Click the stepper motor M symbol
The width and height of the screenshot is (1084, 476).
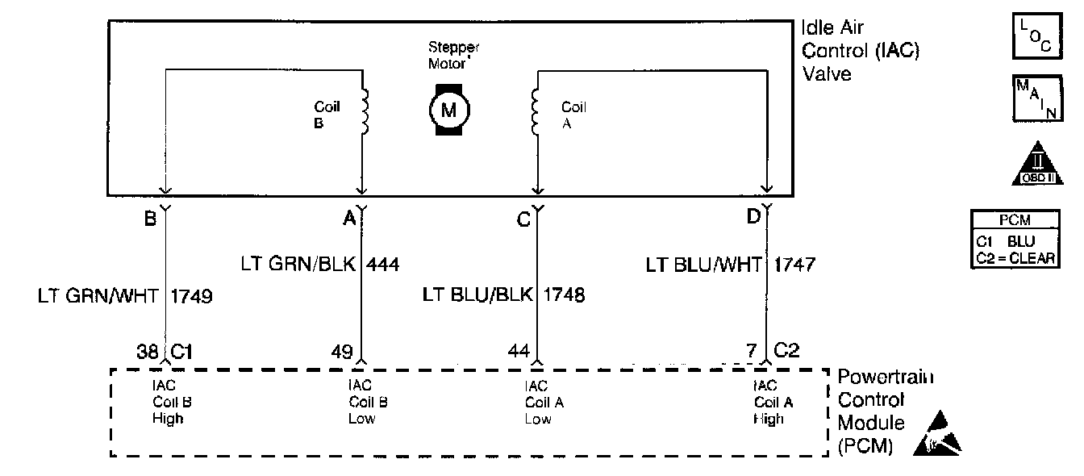pos(448,110)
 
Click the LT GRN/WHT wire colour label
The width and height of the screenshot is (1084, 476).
pos(100,296)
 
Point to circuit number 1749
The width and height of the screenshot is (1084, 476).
pos(191,296)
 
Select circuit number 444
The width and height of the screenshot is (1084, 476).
pos(383,264)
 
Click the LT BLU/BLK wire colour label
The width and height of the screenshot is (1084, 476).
pos(477,294)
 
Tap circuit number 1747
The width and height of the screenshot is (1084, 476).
pos(796,264)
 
